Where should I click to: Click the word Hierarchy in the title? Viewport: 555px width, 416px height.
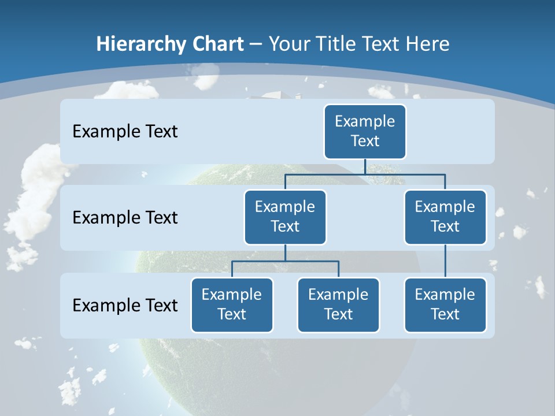(133, 44)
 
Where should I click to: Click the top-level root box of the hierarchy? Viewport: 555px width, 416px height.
(365, 131)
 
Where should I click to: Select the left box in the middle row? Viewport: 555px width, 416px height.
(285, 217)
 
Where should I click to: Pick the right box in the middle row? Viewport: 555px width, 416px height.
(445, 217)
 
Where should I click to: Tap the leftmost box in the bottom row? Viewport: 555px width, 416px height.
(232, 304)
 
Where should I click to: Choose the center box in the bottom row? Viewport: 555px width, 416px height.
(338, 304)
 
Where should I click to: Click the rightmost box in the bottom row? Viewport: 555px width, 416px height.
(445, 304)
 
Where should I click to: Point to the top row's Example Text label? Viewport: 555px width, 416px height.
(125, 131)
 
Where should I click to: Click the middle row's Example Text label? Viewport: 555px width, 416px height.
(125, 217)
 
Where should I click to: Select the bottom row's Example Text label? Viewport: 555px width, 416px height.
(125, 305)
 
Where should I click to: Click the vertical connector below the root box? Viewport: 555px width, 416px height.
(365, 166)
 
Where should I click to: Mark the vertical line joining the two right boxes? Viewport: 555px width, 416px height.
(445, 261)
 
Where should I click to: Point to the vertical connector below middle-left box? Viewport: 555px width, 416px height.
(285, 253)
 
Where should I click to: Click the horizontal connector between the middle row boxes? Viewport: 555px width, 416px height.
(365, 174)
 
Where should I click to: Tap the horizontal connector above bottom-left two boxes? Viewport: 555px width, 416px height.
(285, 261)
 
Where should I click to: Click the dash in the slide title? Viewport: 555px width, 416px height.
(256, 44)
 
